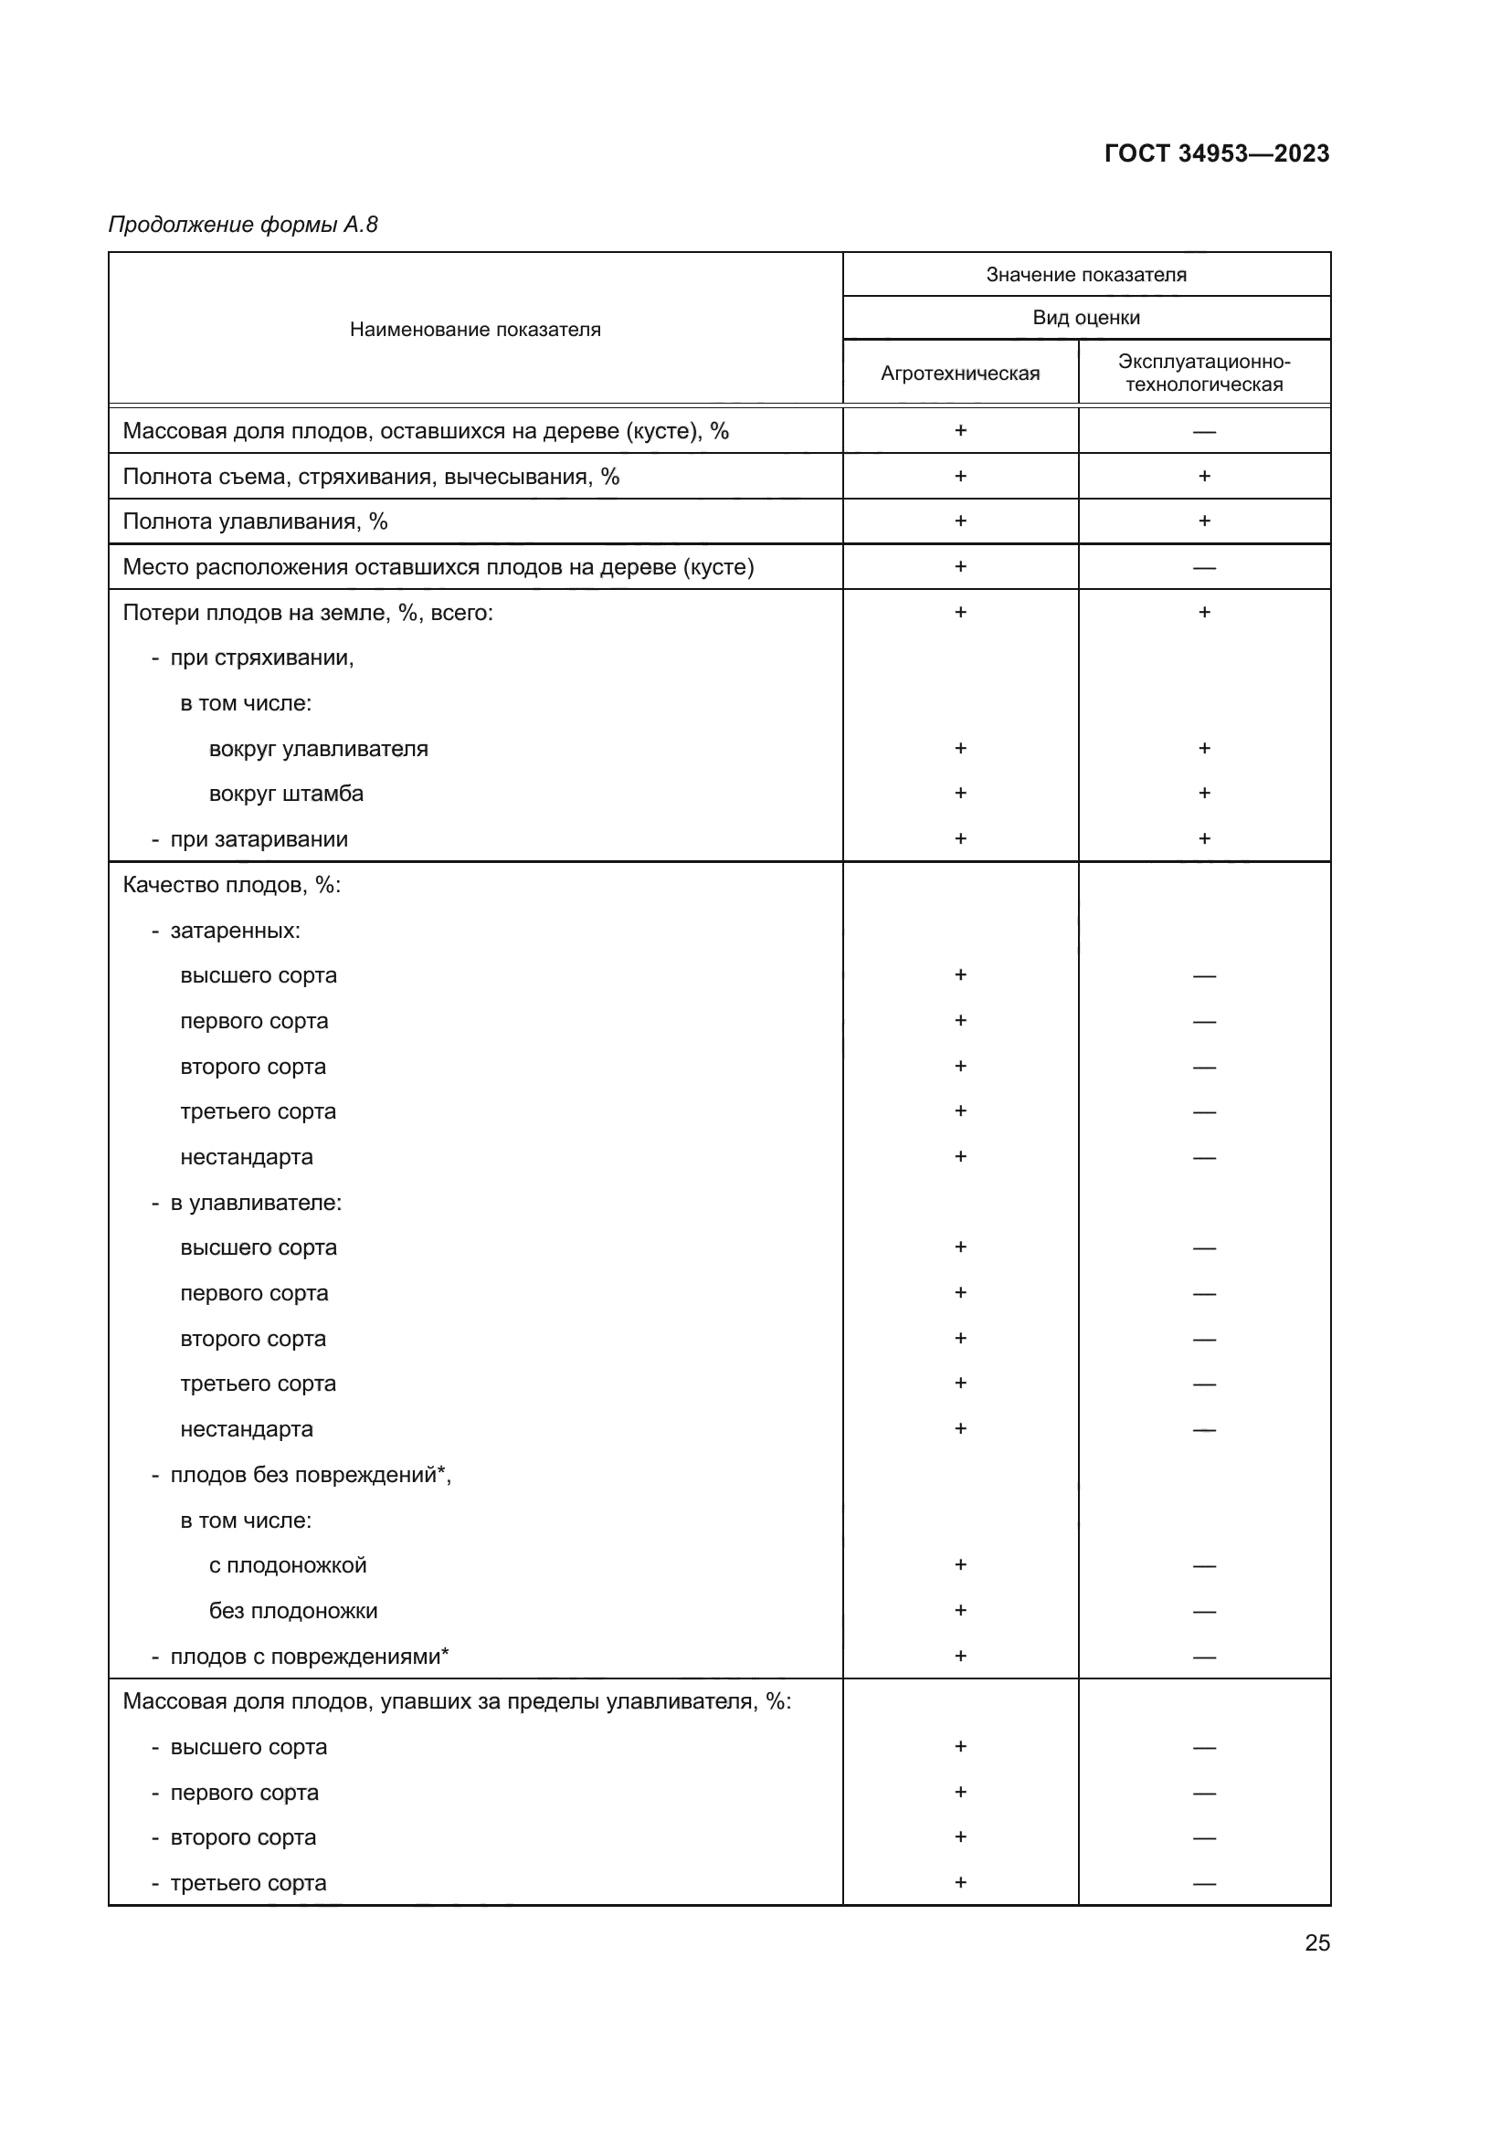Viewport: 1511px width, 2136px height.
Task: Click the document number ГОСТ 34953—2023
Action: click(1216, 153)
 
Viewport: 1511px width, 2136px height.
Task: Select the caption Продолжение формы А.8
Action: click(243, 225)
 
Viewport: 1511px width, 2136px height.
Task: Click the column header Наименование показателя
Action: click(474, 330)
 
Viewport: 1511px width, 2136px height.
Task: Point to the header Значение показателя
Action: click(1086, 275)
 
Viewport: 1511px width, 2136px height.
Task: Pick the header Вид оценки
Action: click(1086, 317)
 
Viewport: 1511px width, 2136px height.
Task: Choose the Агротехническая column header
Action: click(959, 374)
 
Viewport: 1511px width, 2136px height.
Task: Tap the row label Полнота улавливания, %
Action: click(255, 521)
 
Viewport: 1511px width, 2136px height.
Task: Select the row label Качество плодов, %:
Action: click(232, 885)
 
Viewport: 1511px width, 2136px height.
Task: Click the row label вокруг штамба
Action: click(286, 794)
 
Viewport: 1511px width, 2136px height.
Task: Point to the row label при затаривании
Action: click(258, 839)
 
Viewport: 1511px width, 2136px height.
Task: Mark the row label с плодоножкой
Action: click(288, 1565)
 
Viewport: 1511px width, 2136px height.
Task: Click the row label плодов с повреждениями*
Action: click(309, 1656)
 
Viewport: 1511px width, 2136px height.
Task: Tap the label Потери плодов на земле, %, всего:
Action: click(308, 612)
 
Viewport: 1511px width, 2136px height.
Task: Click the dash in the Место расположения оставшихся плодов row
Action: click(1204, 567)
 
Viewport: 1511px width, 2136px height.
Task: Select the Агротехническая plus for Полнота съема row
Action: click(960, 477)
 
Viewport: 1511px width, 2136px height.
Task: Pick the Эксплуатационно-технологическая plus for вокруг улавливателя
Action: click(1204, 748)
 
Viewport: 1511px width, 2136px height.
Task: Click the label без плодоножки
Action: click(293, 1610)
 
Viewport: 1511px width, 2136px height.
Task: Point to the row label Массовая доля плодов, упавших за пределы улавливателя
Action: click(456, 1701)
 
